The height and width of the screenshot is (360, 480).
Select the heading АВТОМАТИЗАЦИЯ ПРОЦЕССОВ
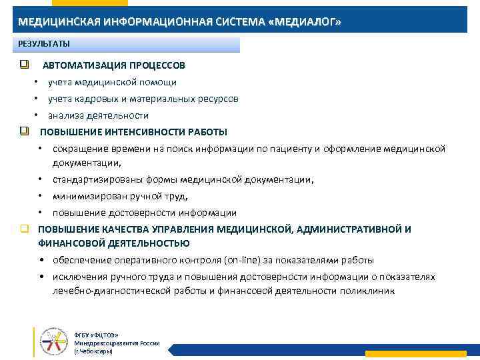coord(114,66)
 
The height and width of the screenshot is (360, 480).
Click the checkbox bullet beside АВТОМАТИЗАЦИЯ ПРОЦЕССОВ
coord(24,65)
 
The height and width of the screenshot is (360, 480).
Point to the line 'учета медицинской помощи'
coord(112,83)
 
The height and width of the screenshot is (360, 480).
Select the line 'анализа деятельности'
coord(97,115)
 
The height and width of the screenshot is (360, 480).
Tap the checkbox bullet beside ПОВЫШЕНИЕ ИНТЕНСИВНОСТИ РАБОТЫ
coord(24,131)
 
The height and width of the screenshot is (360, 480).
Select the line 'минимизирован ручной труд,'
coord(121,197)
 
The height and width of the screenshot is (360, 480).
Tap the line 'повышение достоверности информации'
coord(145,213)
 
